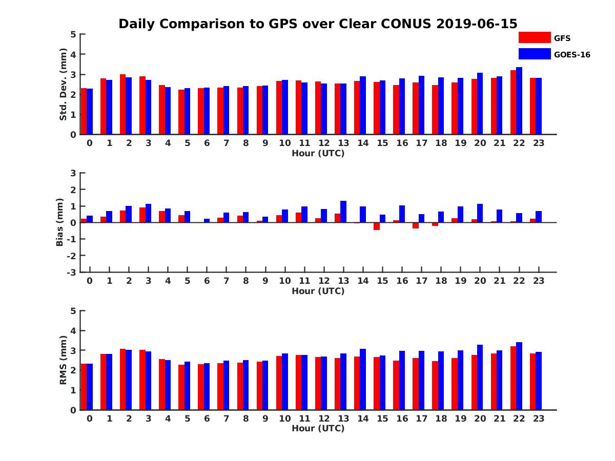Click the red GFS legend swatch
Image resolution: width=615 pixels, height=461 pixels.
point(534,37)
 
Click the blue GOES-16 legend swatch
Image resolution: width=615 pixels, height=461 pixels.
point(534,54)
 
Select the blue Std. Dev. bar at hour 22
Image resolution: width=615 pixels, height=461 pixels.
point(519,101)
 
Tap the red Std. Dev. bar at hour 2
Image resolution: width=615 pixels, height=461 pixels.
point(123,104)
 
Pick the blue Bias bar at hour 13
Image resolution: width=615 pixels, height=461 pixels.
point(343,212)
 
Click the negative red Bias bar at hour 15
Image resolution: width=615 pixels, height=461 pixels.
point(377,226)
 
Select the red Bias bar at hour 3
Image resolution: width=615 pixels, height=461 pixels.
point(142,215)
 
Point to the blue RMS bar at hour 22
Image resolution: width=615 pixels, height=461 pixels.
point(519,376)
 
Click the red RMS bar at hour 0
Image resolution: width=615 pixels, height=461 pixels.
point(84,387)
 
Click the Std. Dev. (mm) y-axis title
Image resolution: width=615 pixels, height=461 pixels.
point(64,85)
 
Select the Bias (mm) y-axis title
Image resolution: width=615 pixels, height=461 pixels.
point(60,223)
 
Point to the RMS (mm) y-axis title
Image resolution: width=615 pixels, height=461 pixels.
point(64,360)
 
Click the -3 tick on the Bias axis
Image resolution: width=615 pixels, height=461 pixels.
point(72,272)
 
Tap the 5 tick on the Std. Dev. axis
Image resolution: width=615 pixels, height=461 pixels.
point(74,34)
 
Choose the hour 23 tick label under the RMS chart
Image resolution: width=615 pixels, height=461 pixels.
point(539,418)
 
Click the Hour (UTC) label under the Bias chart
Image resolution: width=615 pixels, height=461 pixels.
point(318,291)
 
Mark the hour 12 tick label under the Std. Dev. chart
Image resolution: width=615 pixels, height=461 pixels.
point(324,143)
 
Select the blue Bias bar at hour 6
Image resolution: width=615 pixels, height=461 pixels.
point(207,221)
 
